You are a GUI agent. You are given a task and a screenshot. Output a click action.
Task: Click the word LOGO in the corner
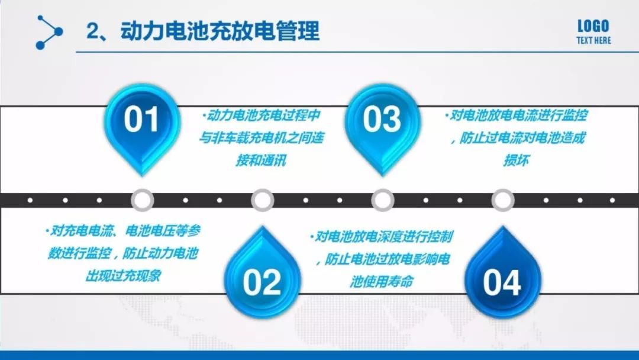(x=593, y=26)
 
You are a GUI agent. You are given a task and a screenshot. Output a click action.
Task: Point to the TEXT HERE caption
(x=593, y=40)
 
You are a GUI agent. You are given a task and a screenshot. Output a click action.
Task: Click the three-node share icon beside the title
(x=49, y=32)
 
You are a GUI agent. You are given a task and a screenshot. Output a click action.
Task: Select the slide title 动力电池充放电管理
(x=220, y=31)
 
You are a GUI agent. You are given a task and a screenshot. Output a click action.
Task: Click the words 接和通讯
(x=262, y=160)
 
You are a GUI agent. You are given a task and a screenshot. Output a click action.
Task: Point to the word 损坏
(x=517, y=160)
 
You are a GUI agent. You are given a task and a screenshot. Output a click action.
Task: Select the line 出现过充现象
(x=123, y=276)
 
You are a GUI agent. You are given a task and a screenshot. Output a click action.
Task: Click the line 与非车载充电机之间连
(x=262, y=138)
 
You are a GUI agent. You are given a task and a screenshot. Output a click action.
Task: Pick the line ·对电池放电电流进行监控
(x=517, y=116)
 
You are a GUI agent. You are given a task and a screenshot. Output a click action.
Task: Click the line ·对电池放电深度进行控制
(x=382, y=237)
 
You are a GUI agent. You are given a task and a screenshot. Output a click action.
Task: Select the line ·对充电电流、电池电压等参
(x=123, y=231)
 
